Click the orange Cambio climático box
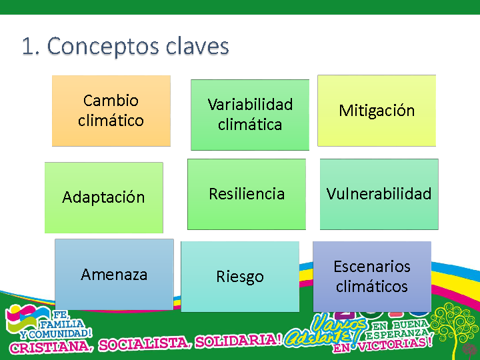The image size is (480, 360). pyautogui.click(x=111, y=111)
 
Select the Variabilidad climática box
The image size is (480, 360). pyautogui.click(x=250, y=115)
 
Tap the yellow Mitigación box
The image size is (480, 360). pyautogui.click(x=377, y=111)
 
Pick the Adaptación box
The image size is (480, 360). pyautogui.click(x=104, y=198)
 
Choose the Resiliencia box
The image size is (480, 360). pyautogui.click(x=247, y=194)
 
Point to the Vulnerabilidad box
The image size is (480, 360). pyautogui.click(x=379, y=194)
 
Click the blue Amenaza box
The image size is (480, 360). pyautogui.click(x=114, y=275)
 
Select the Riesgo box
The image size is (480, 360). pyautogui.click(x=240, y=277)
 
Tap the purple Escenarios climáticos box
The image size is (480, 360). pyautogui.click(x=372, y=277)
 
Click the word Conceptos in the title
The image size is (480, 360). pyautogui.click(x=103, y=46)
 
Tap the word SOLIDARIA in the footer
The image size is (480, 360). pyautogui.click(x=238, y=341)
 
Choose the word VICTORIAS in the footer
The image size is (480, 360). pyautogui.click(x=395, y=344)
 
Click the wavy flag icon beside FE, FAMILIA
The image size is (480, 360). pyautogui.click(x=27, y=319)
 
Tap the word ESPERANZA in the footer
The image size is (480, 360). pyautogui.click(x=397, y=334)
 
